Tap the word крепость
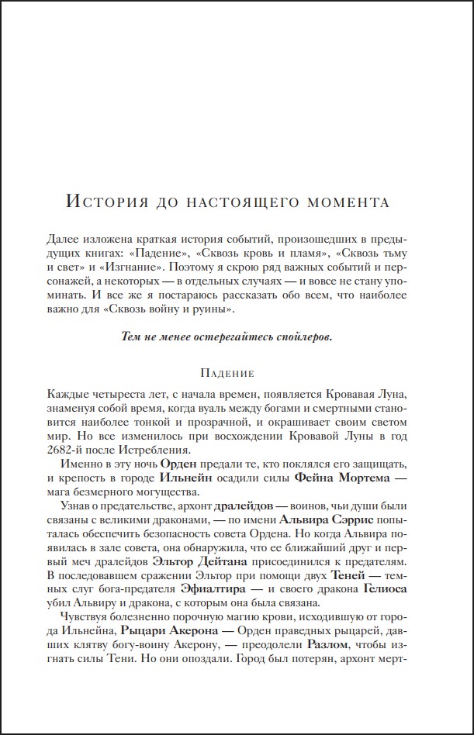(102, 477)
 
